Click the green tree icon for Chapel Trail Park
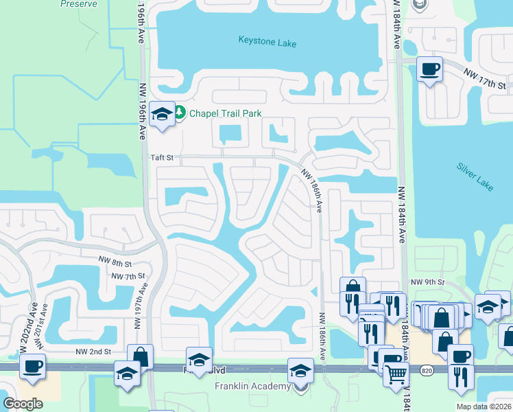[180, 112]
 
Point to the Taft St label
[163, 157]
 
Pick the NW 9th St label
[427, 282]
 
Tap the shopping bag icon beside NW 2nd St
[140, 356]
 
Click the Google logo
[23, 403]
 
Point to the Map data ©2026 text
[483, 407]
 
